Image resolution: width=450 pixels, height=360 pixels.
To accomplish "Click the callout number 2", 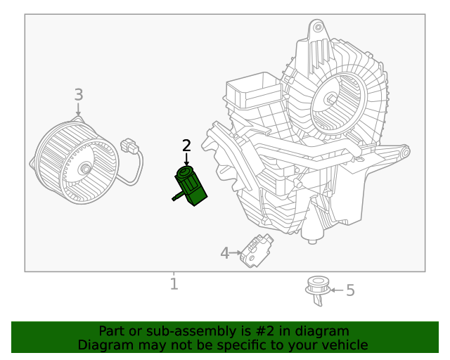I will click(186, 146).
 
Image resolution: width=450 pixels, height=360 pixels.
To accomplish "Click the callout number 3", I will click(79, 94).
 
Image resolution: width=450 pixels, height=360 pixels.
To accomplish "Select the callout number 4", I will click(224, 253).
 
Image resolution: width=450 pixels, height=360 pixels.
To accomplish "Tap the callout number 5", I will click(350, 290).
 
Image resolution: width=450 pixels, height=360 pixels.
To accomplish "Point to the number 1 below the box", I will click(174, 284).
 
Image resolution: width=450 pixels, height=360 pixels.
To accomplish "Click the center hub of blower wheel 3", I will click(85, 169).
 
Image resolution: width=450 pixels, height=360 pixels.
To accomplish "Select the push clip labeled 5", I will click(318, 290).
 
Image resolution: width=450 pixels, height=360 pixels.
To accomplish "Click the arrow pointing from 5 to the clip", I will click(336, 290).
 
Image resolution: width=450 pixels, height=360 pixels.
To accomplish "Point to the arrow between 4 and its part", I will click(236, 252).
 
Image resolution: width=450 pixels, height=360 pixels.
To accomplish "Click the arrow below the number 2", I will click(186, 160).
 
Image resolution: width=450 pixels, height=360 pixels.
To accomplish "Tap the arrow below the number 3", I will click(78, 109).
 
